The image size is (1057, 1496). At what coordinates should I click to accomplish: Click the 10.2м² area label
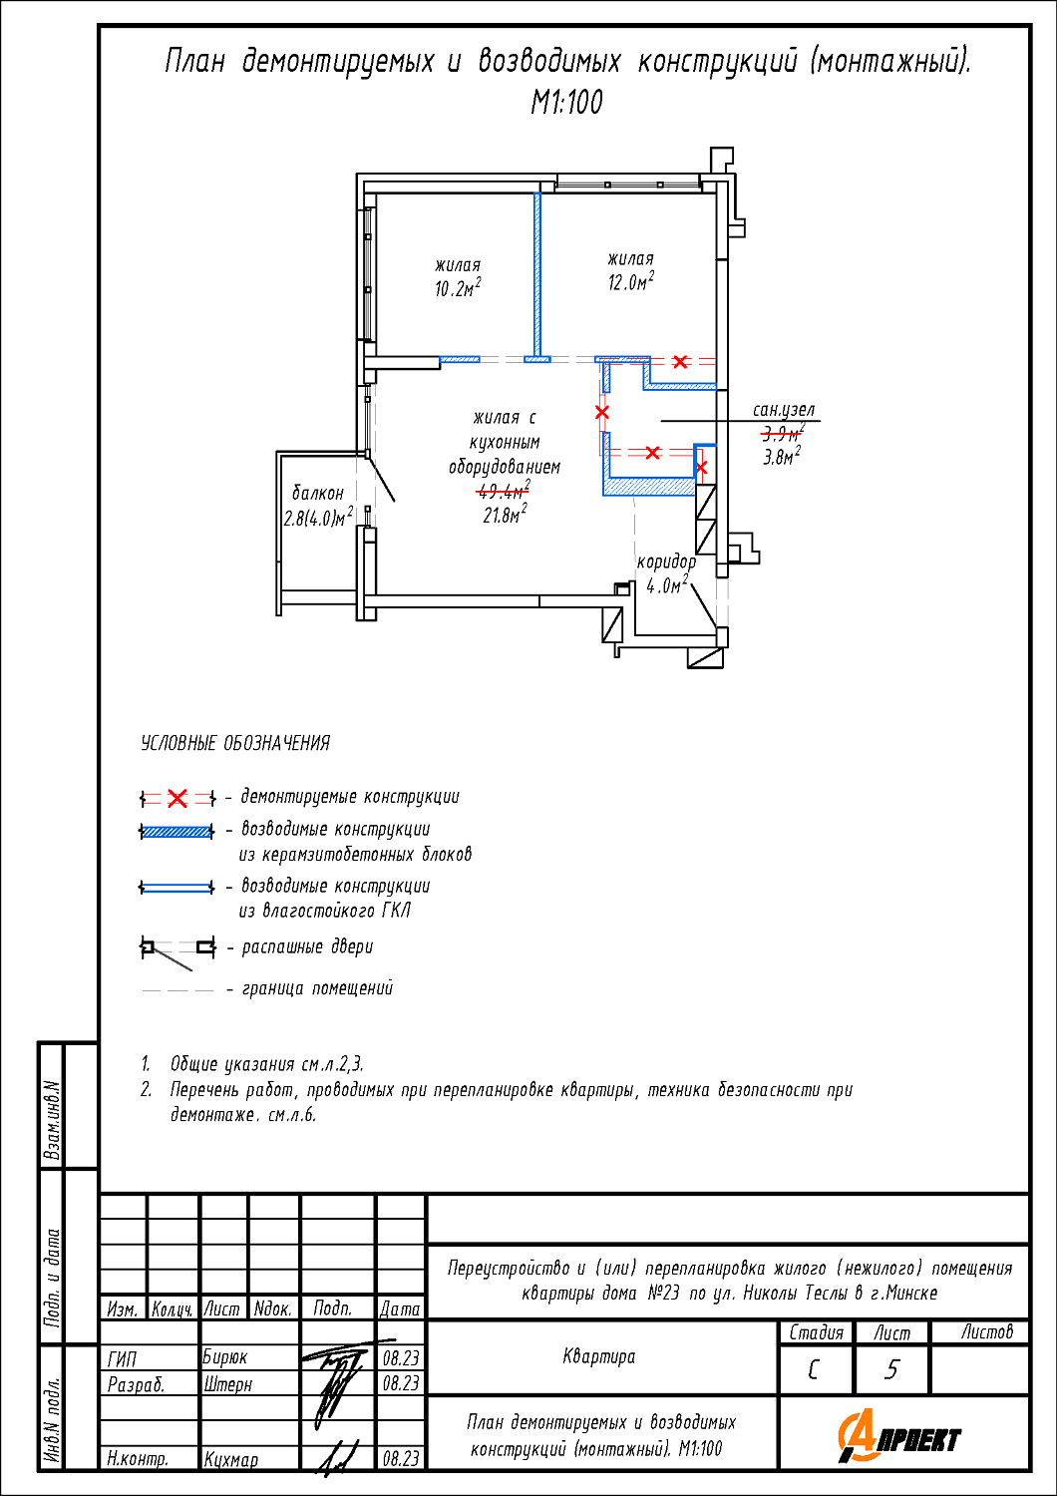pyautogui.click(x=457, y=289)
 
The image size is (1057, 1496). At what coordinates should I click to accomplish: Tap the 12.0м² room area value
pyautogui.click(x=630, y=282)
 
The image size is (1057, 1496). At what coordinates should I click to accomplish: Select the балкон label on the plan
pyautogui.click(x=318, y=493)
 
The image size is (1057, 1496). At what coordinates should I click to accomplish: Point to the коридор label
pyautogui.click(x=666, y=562)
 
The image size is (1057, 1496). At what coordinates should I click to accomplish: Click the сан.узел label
pyautogui.click(x=784, y=410)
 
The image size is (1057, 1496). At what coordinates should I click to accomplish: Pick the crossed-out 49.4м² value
pyautogui.click(x=504, y=491)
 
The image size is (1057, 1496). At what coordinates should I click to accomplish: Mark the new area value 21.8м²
pyautogui.click(x=504, y=516)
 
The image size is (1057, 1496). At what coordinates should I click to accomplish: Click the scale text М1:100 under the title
pyautogui.click(x=566, y=103)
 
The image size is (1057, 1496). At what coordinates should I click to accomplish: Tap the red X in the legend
pyautogui.click(x=177, y=798)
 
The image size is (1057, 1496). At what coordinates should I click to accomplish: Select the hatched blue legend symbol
pyautogui.click(x=177, y=831)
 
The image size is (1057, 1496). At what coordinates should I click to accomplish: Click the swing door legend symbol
pyautogui.click(x=177, y=949)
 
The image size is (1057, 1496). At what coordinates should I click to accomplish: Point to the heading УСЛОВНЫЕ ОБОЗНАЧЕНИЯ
pyautogui.click(x=235, y=743)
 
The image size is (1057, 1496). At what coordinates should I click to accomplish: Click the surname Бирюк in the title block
pyautogui.click(x=224, y=1357)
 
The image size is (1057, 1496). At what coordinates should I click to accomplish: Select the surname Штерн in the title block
pyautogui.click(x=227, y=1384)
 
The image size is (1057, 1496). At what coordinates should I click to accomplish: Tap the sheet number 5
pyautogui.click(x=891, y=1370)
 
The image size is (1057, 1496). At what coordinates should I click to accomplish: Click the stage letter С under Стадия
pyautogui.click(x=814, y=1370)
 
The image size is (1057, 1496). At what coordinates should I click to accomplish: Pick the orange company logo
pyautogui.click(x=898, y=1437)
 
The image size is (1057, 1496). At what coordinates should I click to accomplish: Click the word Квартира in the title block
pyautogui.click(x=599, y=1356)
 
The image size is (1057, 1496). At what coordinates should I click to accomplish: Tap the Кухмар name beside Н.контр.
pyautogui.click(x=231, y=1459)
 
